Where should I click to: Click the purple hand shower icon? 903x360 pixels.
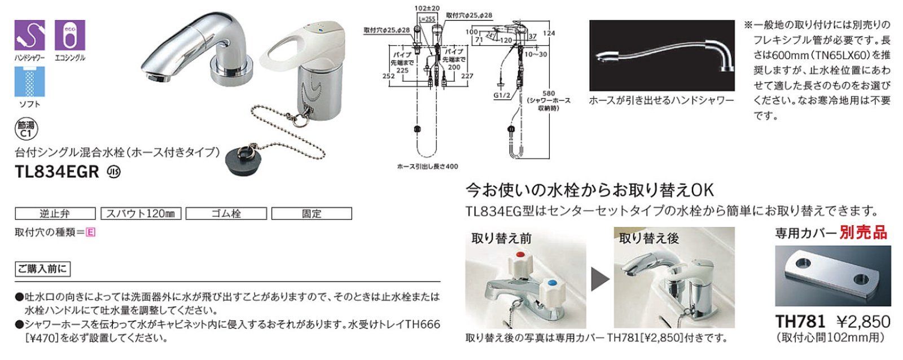point(29,35)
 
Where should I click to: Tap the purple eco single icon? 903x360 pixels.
point(70,35)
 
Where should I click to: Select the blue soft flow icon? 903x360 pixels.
point(29,81)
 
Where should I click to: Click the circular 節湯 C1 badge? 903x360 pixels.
point(25,130)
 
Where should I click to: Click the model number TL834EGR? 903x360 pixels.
point(58,171)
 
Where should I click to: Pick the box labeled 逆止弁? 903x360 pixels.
point(55,214)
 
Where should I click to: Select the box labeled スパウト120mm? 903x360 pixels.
point(141,214)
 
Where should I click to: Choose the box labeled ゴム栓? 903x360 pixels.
point(226,214)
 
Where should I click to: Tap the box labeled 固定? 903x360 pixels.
point(312,214)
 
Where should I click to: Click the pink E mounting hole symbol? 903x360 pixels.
point(90,232)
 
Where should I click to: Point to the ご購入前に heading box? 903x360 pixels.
point(42,269)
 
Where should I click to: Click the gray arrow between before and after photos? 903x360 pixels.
point(600,279)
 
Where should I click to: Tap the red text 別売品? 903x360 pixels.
point(863,232)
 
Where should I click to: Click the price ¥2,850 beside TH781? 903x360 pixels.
point(863,322)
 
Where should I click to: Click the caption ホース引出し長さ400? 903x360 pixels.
point(427,166)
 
